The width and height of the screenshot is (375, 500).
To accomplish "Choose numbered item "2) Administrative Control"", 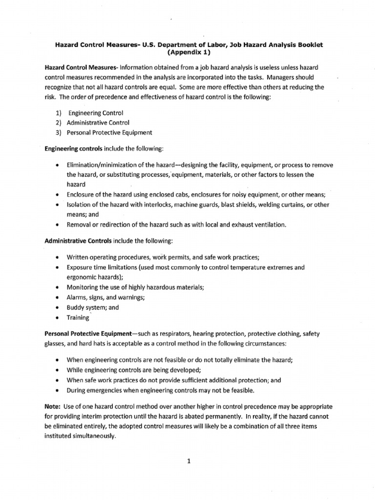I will (91, 123).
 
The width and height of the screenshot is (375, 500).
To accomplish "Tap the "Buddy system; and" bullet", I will (93, 307).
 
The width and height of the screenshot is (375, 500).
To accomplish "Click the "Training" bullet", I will (78, 318).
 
